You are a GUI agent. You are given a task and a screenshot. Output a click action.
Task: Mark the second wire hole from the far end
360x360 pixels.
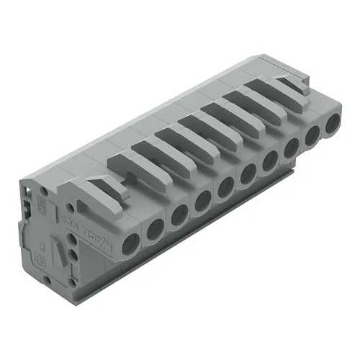313,134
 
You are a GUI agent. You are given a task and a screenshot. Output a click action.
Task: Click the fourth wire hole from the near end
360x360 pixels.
203,199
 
